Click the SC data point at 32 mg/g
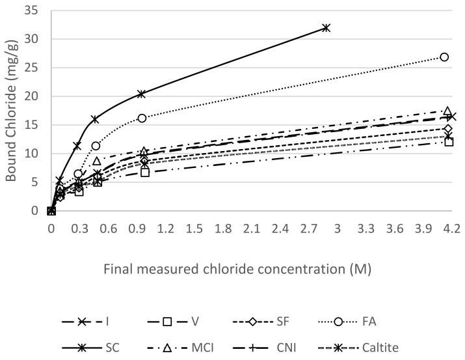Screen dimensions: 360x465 coord(326,27)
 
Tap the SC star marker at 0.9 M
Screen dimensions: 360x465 coord(142,94)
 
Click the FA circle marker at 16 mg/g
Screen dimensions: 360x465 coord(142,118)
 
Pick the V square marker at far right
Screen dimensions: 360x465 coord(449,142)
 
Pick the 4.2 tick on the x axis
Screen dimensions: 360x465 coord(451,228)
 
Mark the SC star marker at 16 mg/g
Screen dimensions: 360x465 coord(95,119)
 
